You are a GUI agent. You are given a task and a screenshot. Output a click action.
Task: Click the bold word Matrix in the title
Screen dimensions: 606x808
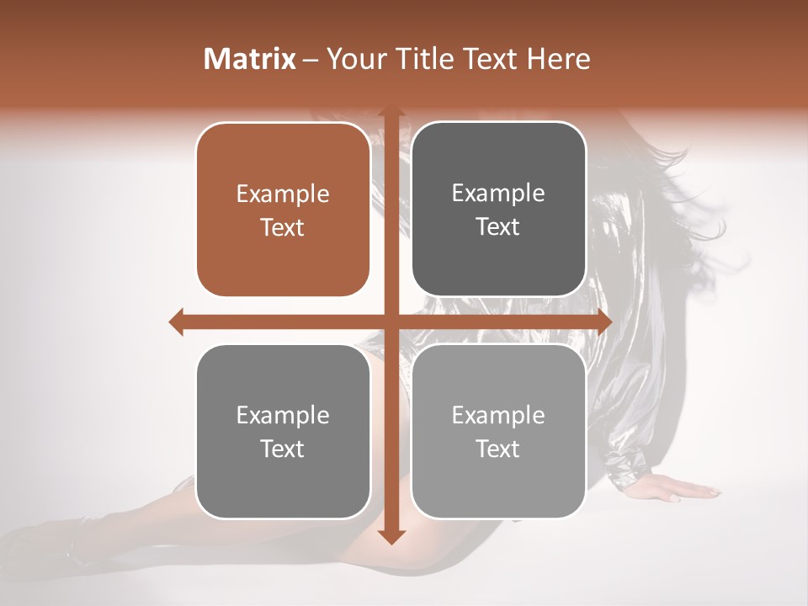250,59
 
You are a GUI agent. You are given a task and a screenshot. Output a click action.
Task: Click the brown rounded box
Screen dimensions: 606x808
283,210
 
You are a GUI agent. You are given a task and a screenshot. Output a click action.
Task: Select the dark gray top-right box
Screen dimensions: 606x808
498,209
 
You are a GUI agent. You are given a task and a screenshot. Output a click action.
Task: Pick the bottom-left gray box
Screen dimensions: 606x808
283,431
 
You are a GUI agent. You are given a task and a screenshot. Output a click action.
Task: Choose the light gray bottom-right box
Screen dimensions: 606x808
498,431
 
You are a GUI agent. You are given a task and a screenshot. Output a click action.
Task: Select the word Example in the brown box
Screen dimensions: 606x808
283,194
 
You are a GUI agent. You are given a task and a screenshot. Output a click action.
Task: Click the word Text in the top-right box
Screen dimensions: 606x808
498,226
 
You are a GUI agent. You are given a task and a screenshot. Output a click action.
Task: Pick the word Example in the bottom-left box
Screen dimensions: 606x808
283,416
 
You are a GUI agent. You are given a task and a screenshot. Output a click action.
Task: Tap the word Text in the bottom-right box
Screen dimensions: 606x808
498,449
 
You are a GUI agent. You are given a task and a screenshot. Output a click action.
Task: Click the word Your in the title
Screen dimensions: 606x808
353,59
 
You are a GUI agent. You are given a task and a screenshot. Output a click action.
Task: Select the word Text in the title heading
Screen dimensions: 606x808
492,59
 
